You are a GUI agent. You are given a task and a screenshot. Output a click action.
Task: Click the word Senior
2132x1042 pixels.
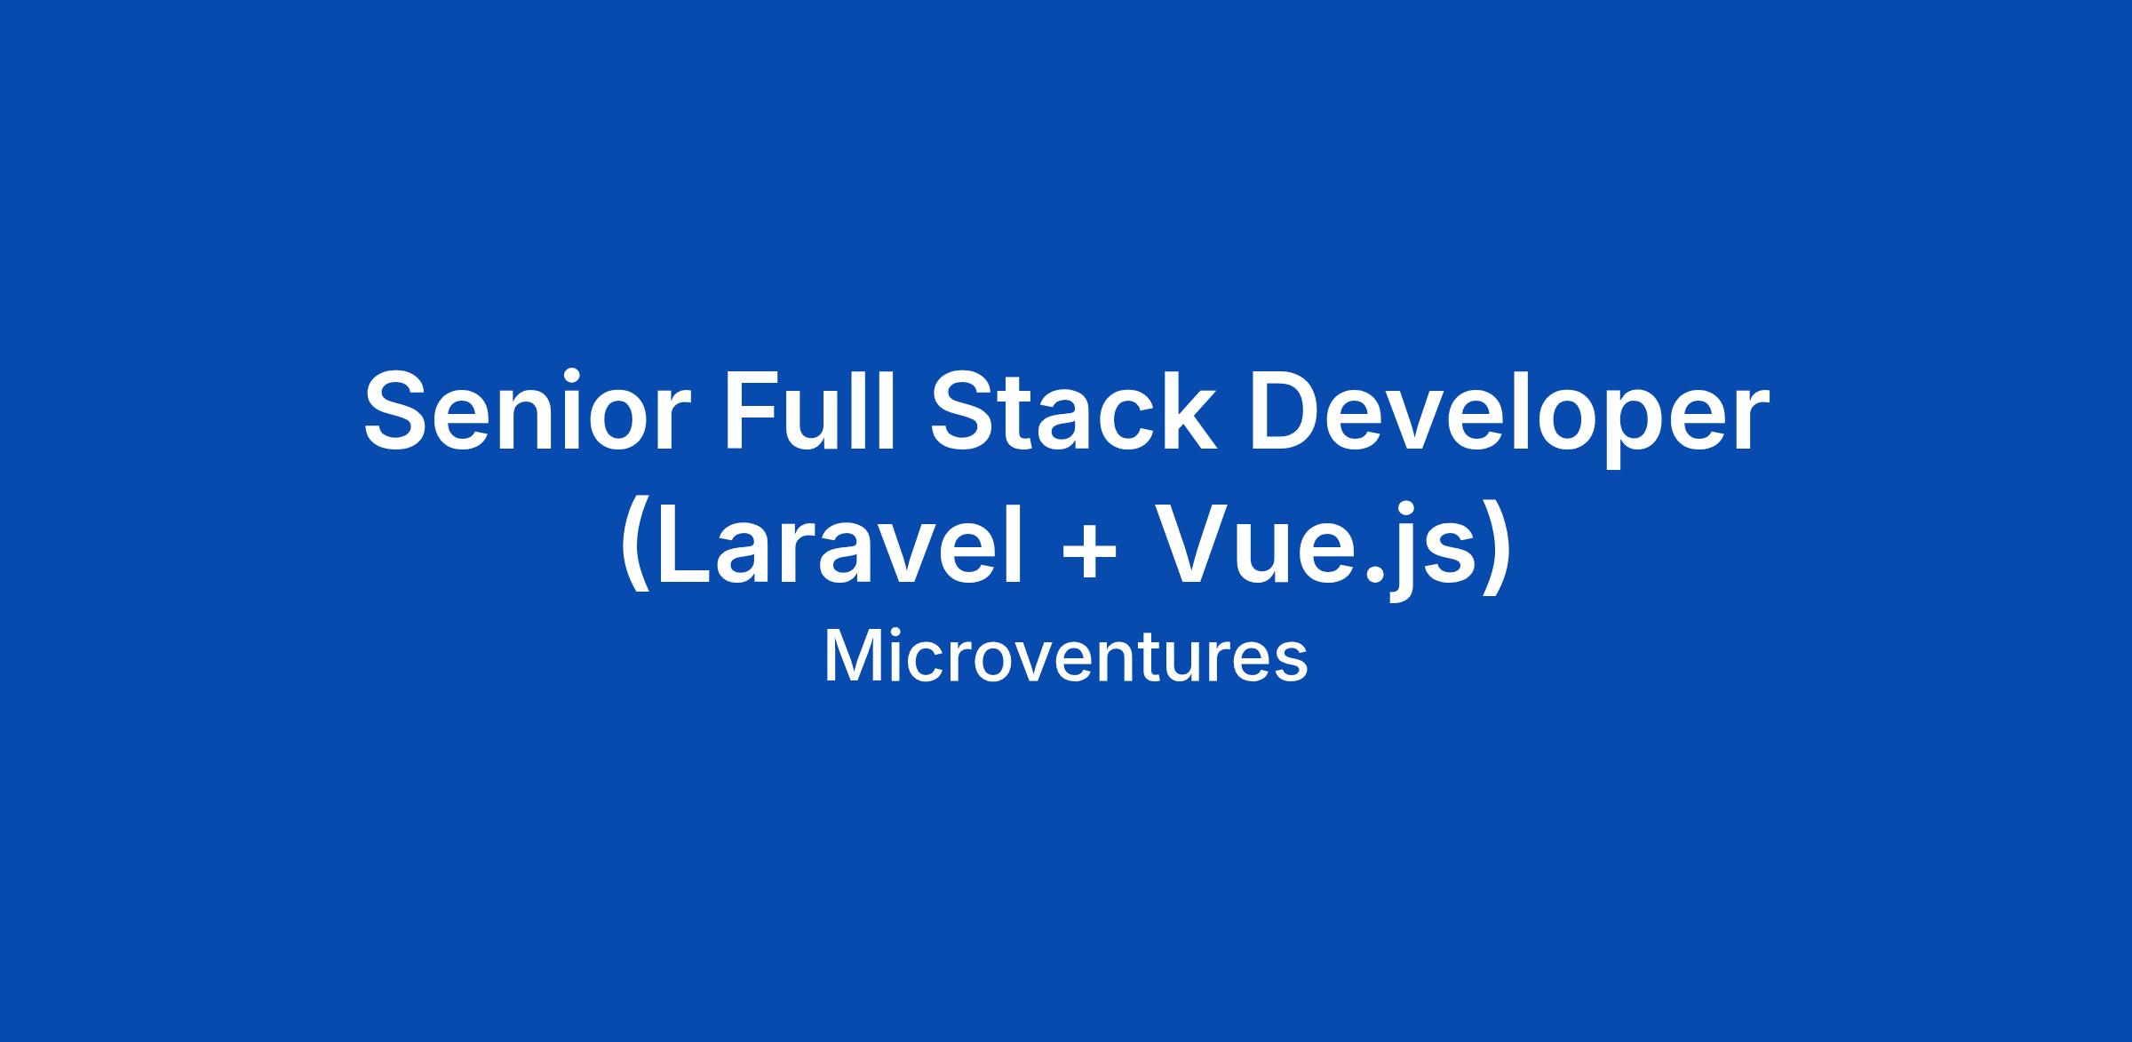528,410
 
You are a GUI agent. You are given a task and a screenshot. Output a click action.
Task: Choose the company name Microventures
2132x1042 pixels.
1066,657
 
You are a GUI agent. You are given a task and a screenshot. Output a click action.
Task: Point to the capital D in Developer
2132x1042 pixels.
1287,410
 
